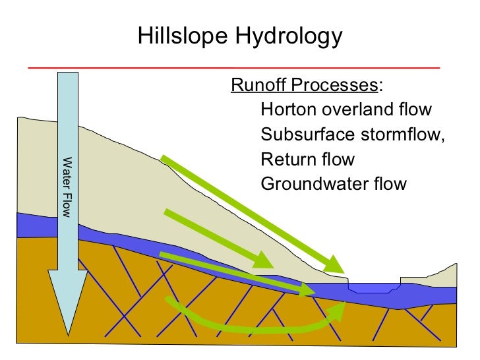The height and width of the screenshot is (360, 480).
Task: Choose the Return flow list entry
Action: point(307,159)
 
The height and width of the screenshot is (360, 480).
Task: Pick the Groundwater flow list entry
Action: point(334,183)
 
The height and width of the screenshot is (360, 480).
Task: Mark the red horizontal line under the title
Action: point(234,67)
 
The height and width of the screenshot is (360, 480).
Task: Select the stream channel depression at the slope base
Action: point(374,288)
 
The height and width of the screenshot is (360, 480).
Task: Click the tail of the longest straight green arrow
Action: point(163,158)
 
